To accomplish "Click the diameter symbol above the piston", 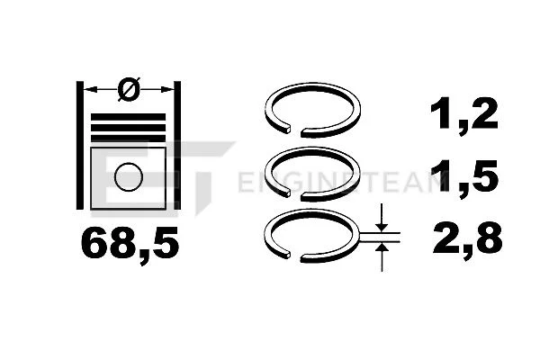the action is coord(129,89).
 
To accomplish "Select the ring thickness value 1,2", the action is coord(463,114).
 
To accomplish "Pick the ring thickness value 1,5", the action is coord(463,177).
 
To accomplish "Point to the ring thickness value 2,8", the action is coord(467,239).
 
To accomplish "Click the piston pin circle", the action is coord(129,176).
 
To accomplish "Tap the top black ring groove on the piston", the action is coord(128,117).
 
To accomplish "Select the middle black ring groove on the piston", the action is coord(128,128).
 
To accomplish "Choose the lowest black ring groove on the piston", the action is coord(128,139).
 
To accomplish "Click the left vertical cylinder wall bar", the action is coord(79,145).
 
